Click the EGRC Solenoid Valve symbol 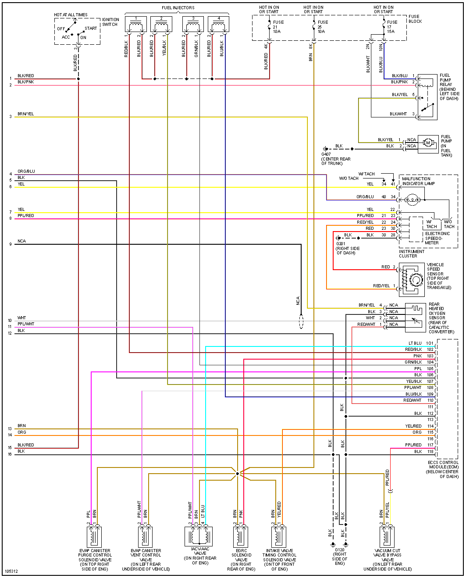pyautogui.click(x=241, y=536)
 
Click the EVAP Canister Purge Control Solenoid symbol pyautogui.click(x=94, y=536)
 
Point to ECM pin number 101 pyautogui.click(x=430, y=343)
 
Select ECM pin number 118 pyautogui.click(x=430, y=452)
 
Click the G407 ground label pyautogui.click(x=326, y=154)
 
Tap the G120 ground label pyautogui.click(x=339, y=549)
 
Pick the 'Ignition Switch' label pyautogui.click(x=110, y=22)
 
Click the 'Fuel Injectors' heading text pyautogui.click(x=178, y=8)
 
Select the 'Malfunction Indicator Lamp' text pyautogui.click(x=418, y=181)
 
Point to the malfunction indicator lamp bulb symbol pyautogui.click(x=412, y=200)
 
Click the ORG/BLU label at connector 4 pyautogui.click(x=26, y=171)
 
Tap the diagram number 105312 pyautogui.click(x=11, y=571)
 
